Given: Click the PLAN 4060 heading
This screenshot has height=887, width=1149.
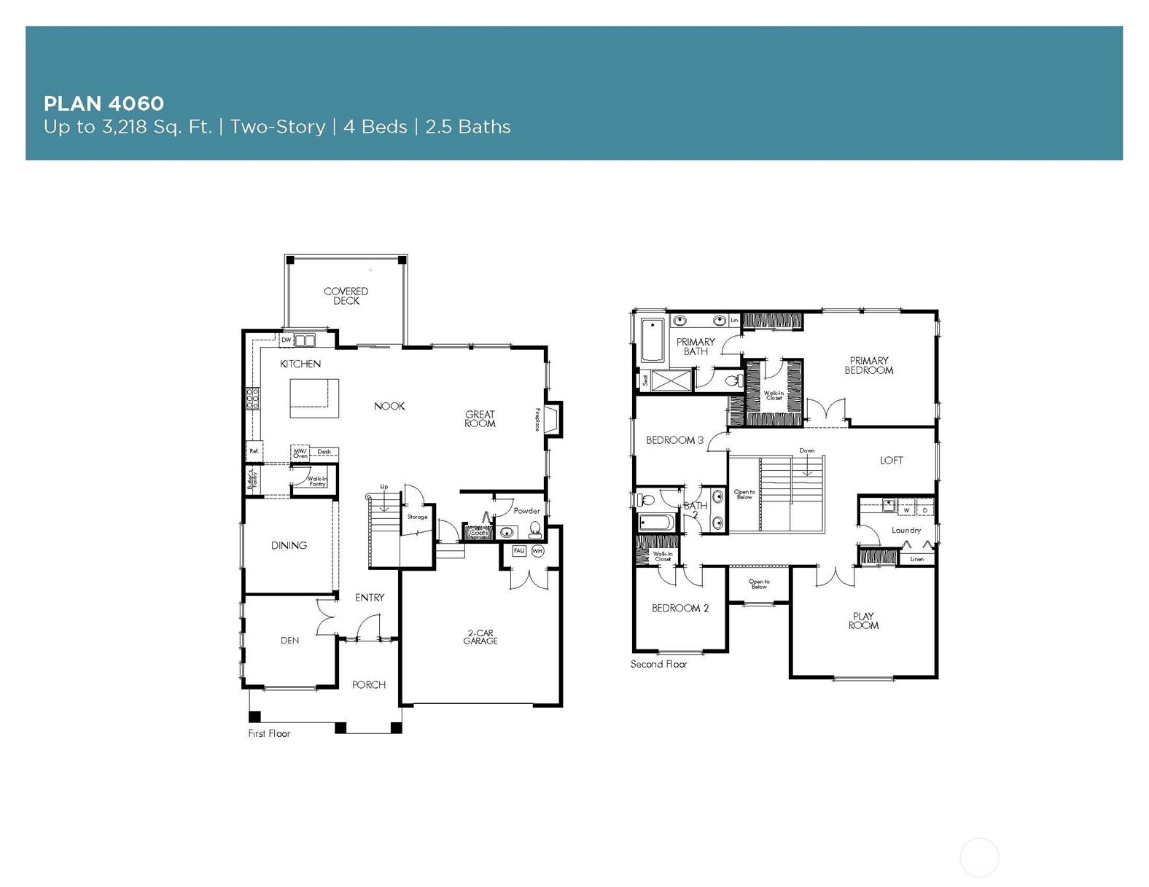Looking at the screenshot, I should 104,103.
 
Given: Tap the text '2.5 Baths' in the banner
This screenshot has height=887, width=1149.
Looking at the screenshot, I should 467,127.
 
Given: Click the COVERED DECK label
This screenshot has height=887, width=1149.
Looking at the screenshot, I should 346,296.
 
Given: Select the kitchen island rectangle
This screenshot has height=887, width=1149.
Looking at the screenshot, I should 314,398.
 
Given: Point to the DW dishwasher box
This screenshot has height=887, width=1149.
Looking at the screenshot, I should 287,340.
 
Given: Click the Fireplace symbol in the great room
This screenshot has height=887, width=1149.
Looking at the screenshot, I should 553,420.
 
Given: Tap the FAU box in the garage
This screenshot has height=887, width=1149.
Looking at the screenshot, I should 519,551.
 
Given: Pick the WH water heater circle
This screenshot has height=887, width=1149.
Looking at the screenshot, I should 537,551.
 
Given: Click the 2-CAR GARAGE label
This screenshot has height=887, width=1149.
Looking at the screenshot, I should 480,637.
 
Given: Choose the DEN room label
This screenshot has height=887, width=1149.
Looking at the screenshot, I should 290,641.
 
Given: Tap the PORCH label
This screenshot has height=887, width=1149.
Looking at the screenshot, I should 369,684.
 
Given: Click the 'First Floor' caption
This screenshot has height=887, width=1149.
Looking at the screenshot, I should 269,733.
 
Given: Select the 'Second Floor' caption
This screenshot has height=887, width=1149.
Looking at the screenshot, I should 658,664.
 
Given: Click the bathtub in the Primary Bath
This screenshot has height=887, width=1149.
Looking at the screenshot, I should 653,340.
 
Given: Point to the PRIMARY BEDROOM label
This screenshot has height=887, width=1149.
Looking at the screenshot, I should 868,365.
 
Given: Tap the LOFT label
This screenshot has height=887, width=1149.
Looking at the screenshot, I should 891,461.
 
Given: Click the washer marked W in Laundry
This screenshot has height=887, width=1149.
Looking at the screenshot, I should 906,510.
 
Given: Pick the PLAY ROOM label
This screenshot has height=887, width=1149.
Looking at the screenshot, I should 863,621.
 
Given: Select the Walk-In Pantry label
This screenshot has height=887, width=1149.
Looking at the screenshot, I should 317,481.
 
